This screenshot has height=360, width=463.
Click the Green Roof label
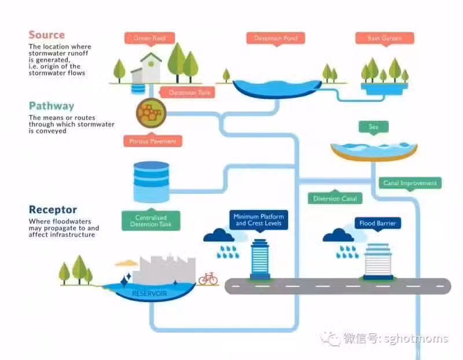(x=150, y=38)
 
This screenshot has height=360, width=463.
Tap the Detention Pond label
(x=276, y=38)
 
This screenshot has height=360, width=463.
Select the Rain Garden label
(x=384, y=38)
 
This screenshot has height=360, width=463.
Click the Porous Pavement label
(x=152, y=141)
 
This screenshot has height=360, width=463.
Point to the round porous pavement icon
(x=151, y=113)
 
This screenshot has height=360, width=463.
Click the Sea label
(x=373, y=127)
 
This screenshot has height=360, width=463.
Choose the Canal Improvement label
(x=410, y=183)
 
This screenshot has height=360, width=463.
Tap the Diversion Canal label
(x=335, y=199)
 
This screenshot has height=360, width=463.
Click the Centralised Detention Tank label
(x=151, y=221)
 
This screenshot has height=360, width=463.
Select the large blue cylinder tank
(x=152, y=182)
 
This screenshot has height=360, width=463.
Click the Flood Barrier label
(x=378, y=223)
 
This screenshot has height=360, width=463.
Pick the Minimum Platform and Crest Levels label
(x=259, y=220)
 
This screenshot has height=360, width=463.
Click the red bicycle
(x=208, y=278)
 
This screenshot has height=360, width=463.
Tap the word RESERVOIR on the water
(x=149, y=293)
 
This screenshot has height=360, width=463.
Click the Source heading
(x=47, y=35)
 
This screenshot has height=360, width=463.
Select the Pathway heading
(x=52, y=106)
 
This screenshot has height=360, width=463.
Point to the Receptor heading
(x=53, y=210)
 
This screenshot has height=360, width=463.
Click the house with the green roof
(x=147, y=68)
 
